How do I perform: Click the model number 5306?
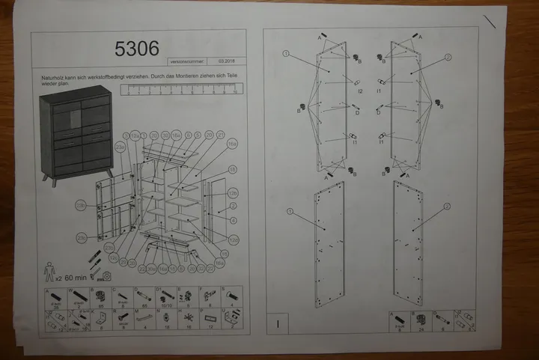pyautogui.click(x=137, y=49)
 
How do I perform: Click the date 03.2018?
pyautogui.click(x=228, y=61)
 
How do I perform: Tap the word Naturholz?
pyautogui.click(x=52, y=78)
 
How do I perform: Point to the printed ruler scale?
pyautogui.click(x=180, y=90)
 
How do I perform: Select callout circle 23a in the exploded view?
pyautogui.click(x=120, y=148)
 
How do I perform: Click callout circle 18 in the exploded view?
pyautogui.click(x=232, y=168)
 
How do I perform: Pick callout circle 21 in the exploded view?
pyautogui.click(x=221, y=135)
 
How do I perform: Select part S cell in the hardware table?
pyautogui.click(x=233, y=297)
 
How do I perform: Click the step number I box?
pyautogui.click(x=278, y=324)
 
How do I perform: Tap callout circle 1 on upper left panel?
pyautogui.click(x=286, y=54)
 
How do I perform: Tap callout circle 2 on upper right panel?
pyautogui.click(x=448, y=56)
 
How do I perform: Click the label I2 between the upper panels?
pyautogui.click(x=360, y=91)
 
